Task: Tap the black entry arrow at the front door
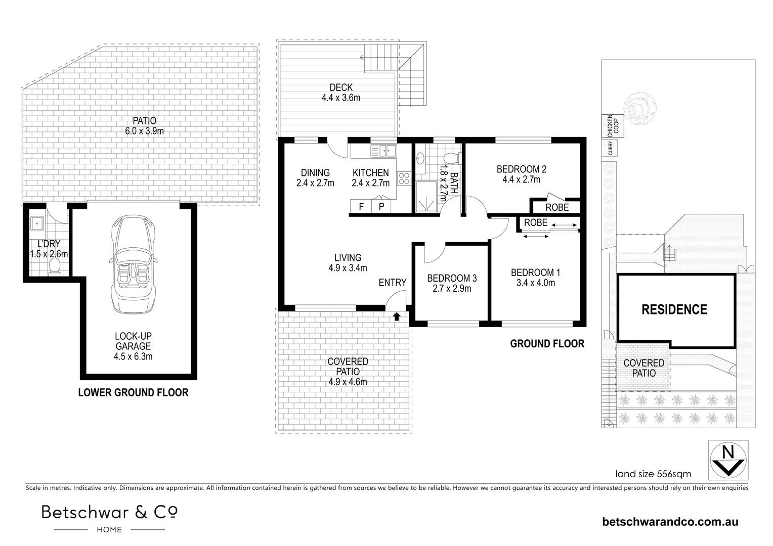pyautogui.click(x=397, y=316)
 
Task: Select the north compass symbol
pyautogui.click(x=728, y=459)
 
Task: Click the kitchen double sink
pyautogui.click(x=384, y=150)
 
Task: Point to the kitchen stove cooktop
pyautogui.click(x=404, y=178)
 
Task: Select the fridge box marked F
pyautogui.click(x=361, y=206)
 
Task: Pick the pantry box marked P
pyautogui.click(x=381, y=206)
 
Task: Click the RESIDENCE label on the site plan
pyautogui.click(x=674, y=309)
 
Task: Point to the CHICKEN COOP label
pyautogui.click(x=612, y=126)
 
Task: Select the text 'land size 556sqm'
pyautogui.click(x=653, y=474)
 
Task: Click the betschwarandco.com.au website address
pyautogui.click(x=670, y=522)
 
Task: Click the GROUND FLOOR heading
pyautogui.click(x=547, y=344)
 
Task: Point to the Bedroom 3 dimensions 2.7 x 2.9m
pyautogui.click(x=451, y=289)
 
